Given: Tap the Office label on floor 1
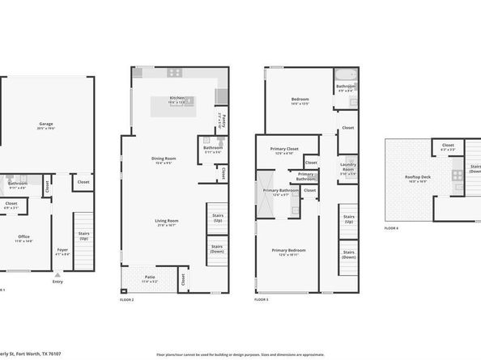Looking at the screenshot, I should [x=23, y=237].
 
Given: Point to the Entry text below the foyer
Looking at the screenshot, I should [x=57, y=282].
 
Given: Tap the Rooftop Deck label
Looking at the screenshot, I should [x=418, y=179].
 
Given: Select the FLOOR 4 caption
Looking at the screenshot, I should [x=392, y=228].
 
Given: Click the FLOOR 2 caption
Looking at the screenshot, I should [x=126, y=300].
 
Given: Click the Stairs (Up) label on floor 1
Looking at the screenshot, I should [x=84, y=235].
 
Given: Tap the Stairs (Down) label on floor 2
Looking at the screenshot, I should [x=216, y=249].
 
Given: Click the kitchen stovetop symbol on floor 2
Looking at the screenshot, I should [x=175, y=73].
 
